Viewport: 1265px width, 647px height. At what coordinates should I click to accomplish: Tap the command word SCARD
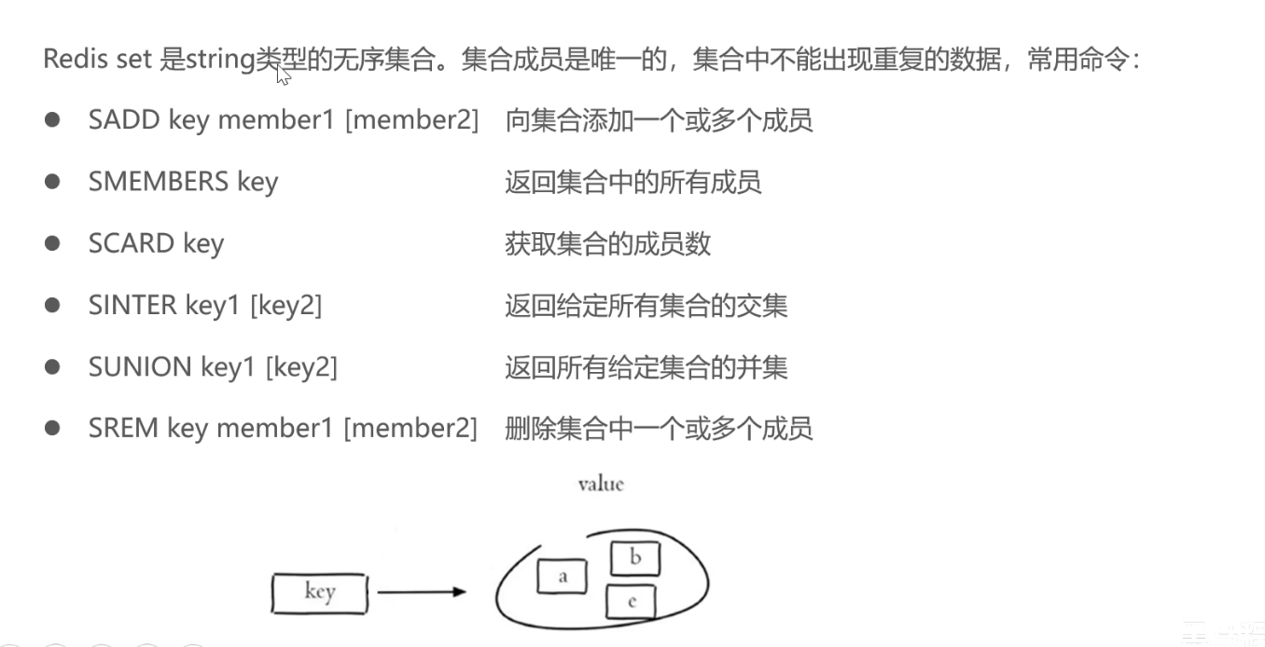click(132, 243)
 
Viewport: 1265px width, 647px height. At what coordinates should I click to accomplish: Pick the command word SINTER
click(132, 305)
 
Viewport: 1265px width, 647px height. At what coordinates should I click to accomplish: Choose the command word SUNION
click(140, 366)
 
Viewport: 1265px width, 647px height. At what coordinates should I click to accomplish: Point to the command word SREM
click(124, 428)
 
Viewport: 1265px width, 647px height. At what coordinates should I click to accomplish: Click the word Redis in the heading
click(71, 60)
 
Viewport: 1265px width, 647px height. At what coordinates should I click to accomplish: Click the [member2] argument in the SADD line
click(411, 120)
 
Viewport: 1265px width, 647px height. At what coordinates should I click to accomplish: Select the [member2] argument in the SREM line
click(410, 428)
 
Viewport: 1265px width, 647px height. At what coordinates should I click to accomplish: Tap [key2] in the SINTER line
click(285, 305)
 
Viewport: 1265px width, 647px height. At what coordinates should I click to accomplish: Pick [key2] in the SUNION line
click(301, 366)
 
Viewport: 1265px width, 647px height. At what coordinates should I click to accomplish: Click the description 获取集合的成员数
click(607, 243)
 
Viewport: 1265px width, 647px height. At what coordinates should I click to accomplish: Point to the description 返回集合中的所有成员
click(632, 182)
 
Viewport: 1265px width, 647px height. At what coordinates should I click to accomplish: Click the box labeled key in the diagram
click(319, 593)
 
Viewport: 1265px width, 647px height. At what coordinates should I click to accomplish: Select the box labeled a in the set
click(562, 576)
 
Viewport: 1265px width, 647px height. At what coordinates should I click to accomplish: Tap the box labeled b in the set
click(635, 558)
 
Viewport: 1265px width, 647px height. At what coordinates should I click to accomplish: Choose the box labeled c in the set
click(632, 601)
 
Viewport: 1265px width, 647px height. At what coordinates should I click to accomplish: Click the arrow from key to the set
click(421, 591)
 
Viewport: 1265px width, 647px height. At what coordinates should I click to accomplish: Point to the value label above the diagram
click(600, 484)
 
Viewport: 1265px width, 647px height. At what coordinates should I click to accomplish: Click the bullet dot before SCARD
click(52, 243)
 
